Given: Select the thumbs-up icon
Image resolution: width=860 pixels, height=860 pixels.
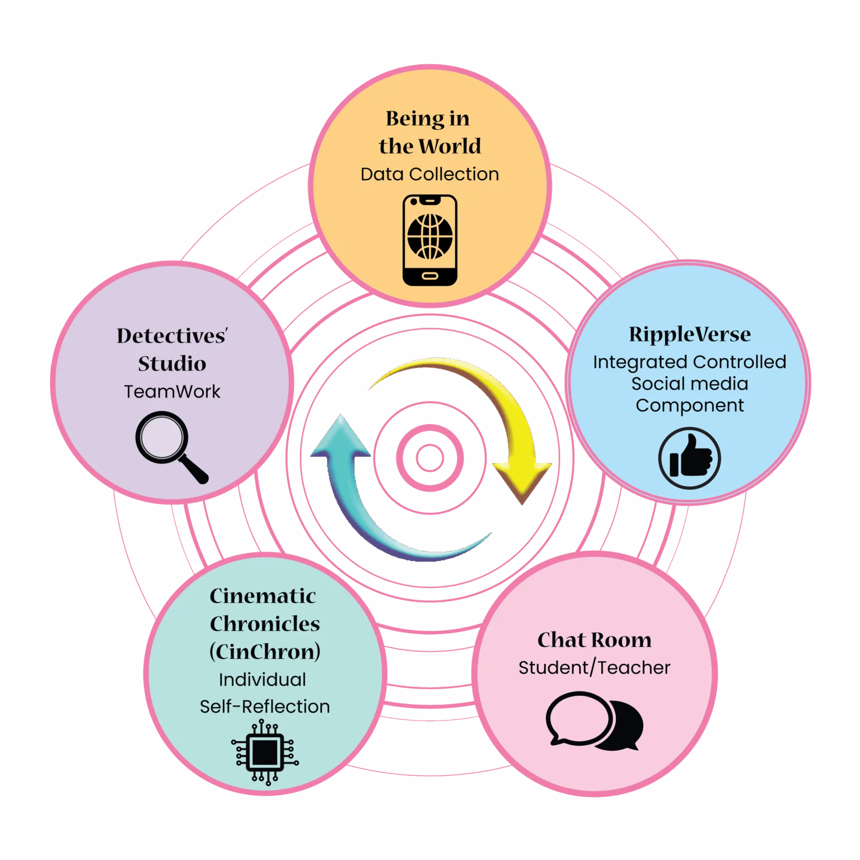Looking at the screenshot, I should tap(689, 458).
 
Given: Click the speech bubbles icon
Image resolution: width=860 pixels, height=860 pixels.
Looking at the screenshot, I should tap(594, 721).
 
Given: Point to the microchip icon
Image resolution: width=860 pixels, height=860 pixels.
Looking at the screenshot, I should tap(265, 752).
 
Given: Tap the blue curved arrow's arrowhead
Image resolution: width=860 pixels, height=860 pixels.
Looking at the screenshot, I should tap(341, 437).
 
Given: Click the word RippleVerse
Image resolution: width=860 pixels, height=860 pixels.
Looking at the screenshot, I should tap(690, 334).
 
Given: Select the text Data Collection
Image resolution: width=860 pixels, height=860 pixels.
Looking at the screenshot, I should tap(429, 174).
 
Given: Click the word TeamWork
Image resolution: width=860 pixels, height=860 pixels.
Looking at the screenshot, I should tap(172, 391).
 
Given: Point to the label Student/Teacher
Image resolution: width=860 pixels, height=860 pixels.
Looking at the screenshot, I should tap(594, 667).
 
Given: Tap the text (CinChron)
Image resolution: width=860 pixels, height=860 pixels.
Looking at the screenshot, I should tap(265, 651).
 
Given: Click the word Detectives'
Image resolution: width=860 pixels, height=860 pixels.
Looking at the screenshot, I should tap(172, 335).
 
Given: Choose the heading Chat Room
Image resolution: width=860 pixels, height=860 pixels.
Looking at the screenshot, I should tap(594, 639).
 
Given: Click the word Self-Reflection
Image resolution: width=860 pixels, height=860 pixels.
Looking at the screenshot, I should tap(265, 707).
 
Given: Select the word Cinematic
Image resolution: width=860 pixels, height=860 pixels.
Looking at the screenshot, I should tap(263, 596).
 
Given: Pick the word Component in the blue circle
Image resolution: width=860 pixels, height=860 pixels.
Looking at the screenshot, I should tap(690, 405).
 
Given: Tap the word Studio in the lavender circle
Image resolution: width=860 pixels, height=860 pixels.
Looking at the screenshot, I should tap(172, 363).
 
